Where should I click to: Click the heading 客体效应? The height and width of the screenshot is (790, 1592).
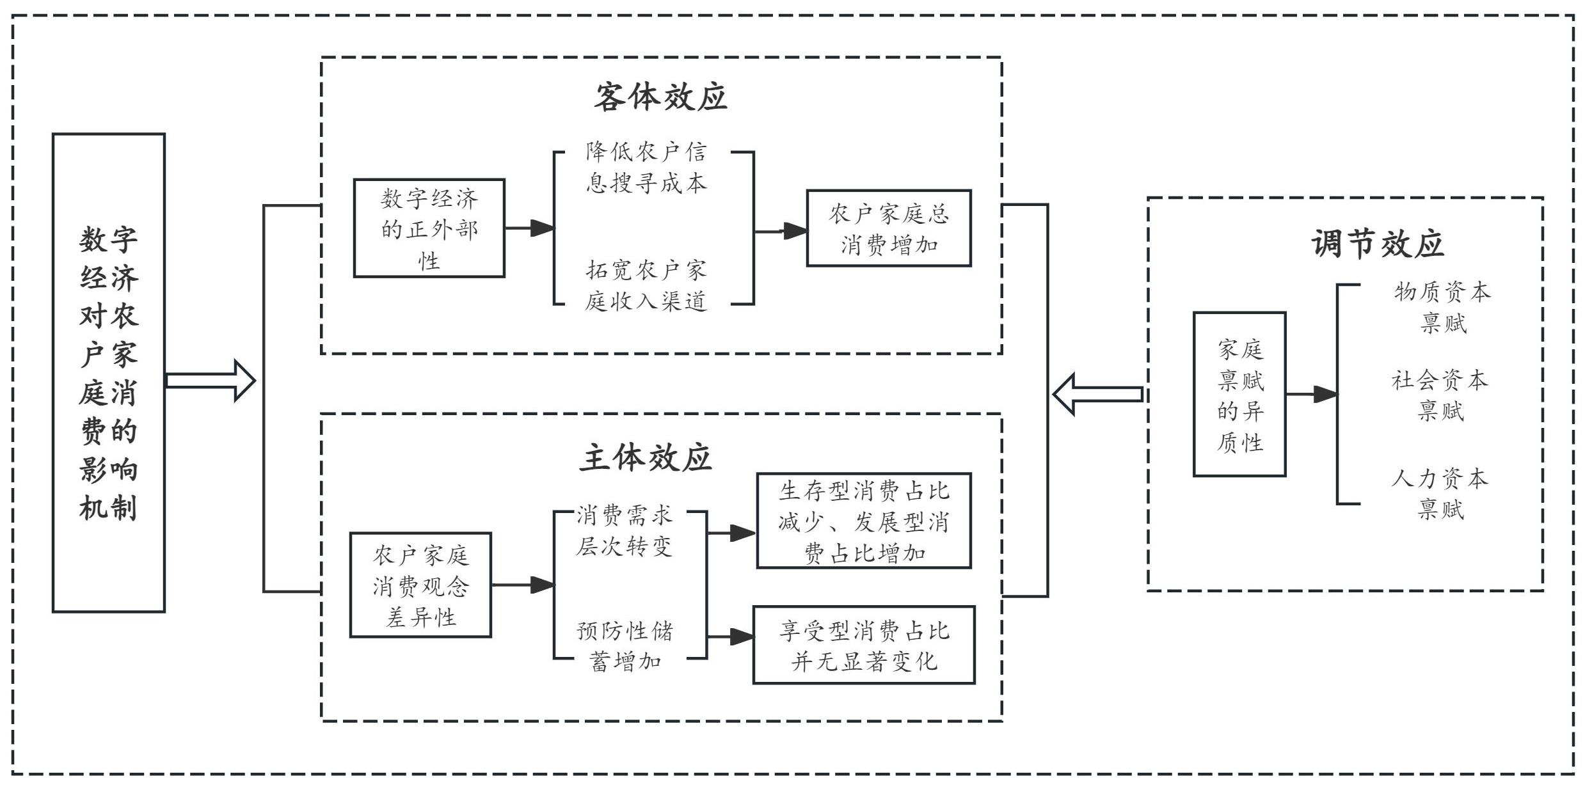(x=660, y=97)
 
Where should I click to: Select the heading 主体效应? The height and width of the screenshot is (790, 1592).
(x=646, y=458)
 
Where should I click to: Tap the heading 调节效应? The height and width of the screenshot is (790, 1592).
(x=1377, y=244)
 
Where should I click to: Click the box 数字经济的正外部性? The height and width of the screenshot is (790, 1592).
(x=429, y=228)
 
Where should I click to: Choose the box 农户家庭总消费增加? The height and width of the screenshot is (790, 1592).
(x=889, y=228)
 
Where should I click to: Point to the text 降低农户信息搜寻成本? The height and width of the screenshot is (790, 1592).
(x=646, y=168)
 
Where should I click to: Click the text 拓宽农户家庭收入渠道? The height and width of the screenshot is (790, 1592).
(x=646, y=285)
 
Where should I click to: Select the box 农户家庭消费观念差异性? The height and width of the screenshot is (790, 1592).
(x=420, y=585)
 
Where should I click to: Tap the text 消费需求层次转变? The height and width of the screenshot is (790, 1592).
(x=624, y=531)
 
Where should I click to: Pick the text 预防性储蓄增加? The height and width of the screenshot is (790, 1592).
(x=625, y=646)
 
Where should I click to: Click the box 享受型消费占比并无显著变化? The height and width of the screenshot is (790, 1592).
(x=864, y=645)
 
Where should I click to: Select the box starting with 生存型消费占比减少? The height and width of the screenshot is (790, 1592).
(x=864, y=521)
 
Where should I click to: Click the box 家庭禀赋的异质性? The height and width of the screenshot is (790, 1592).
(x=1239, y=395)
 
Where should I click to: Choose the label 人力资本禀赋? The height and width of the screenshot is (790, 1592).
(x=1440, y=494)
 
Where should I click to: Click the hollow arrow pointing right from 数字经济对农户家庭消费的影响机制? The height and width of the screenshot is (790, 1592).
(x=211, y=381)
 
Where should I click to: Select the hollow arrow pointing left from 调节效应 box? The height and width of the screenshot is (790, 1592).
(x=1097, y=394)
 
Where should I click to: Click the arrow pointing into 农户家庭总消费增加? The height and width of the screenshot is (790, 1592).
(x=781, y=231)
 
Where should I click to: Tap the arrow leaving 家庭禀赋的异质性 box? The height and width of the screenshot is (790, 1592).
(x=1312, y=394)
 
